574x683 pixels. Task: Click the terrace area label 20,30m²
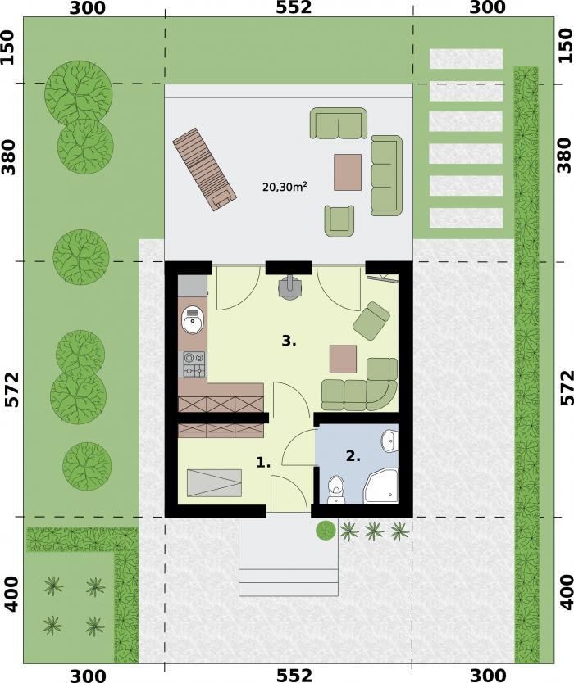point(285,187)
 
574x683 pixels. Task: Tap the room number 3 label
point(289,341)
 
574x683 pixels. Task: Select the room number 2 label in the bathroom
point(353,456)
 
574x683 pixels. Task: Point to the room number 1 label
point(263,463)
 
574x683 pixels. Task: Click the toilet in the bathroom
point(336,490)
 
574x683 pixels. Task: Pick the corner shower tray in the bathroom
point(380,486)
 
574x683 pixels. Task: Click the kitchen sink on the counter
point(193,319)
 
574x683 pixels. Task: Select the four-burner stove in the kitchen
point(194,364)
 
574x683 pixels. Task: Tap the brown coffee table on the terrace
point(348,172)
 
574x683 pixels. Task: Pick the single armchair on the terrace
point(339,220)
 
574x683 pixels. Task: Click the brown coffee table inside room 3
point(344,359)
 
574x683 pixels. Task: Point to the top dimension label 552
point(294,7)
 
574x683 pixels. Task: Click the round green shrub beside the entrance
point(326,530)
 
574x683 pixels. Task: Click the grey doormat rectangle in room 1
point(214,482)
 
